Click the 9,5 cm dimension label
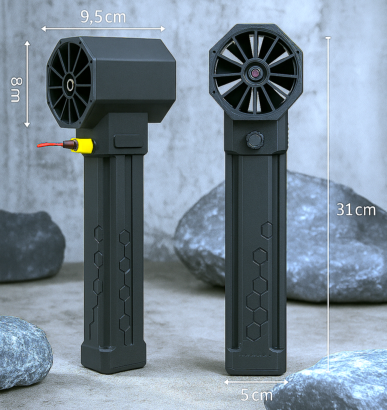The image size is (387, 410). click(x=103, y=17)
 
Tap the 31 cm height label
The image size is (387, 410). click(x=356, y=210)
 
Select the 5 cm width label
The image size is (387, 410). click(x=257, y=395)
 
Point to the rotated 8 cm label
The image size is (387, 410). click(x=16, y=90)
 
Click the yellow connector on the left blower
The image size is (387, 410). click(x=84, y=145)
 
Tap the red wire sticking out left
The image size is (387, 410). click(x=50, y=145)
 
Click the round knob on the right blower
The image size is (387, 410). click(x=255, y=140)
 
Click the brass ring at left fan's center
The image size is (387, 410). click(x=70, y=85)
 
